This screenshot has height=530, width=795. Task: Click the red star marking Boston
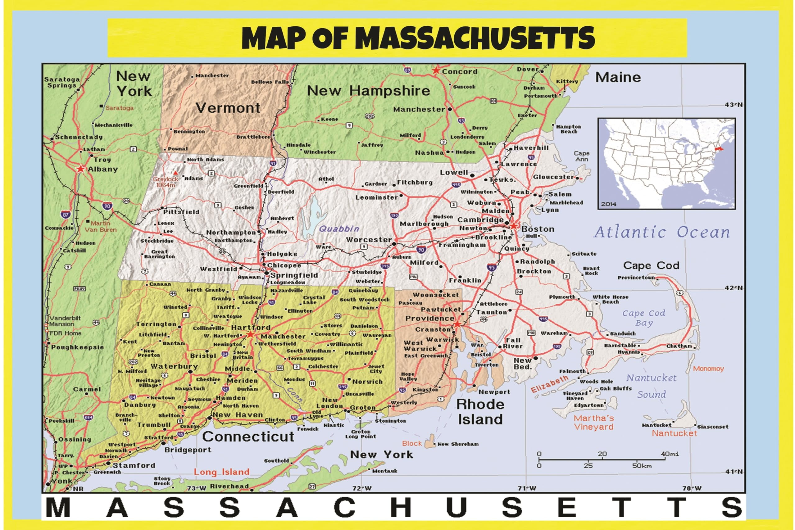(513, 226)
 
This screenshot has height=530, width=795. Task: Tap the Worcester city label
(369, 240)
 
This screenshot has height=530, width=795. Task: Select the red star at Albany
(80, 169)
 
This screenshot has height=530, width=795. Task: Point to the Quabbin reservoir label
(339, 229)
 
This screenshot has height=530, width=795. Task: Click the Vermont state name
(228, 108)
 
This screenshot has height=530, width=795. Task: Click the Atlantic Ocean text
(662, 232)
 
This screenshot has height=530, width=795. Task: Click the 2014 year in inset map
(609, 204)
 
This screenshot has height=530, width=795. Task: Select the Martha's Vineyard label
(593, 423)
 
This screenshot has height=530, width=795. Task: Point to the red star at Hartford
(250, 334)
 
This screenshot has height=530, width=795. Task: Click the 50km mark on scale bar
(642, 466)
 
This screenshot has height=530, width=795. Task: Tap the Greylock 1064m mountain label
(166, 182)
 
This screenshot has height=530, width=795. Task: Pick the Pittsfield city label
(181, 212)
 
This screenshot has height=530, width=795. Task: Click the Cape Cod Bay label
(644, 318)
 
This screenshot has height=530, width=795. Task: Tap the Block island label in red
(412, 443)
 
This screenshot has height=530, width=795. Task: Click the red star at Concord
(436, 71)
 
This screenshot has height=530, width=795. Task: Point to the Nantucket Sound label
(651, 386)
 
